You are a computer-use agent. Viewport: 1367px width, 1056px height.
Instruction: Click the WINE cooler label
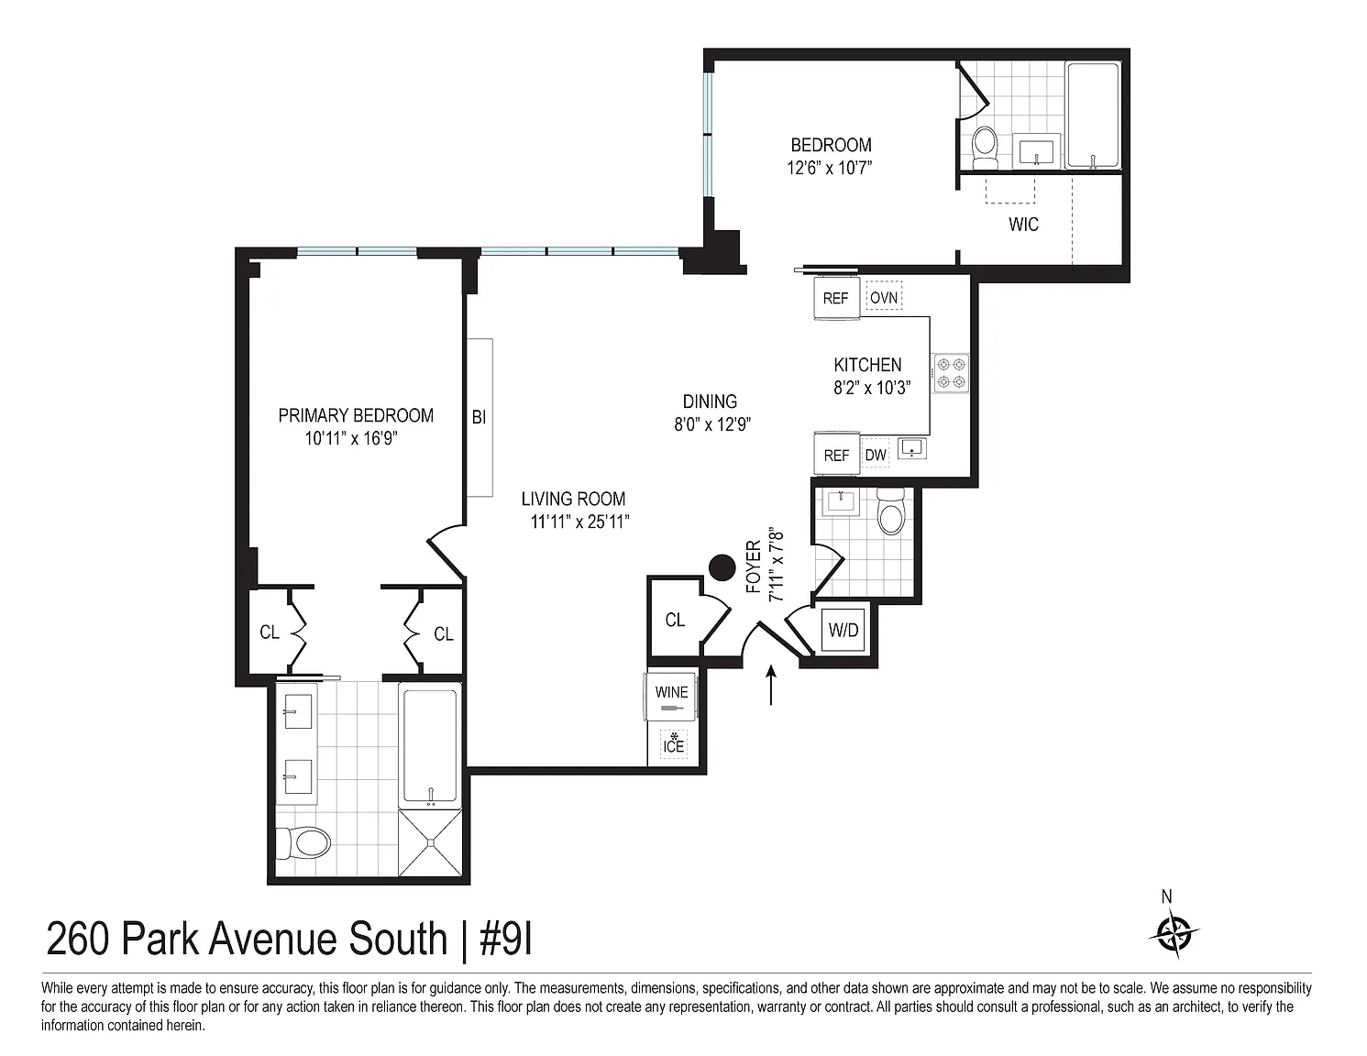(x=671, y=692)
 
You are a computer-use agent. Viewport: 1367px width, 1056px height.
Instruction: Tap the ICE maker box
(x=673, y=744)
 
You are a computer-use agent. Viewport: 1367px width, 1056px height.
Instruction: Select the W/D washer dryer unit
(x=843, y=630)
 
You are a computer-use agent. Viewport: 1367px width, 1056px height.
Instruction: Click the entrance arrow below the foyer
(x=771, y=685)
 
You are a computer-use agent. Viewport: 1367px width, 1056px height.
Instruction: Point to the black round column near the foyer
(x=722, y=568)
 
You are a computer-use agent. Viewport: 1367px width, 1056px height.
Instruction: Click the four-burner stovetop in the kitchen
(x=951, y=373)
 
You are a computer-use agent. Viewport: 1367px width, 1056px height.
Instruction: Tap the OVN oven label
(x=883, y=297)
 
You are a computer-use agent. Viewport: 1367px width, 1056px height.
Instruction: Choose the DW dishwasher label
(x=876, y=455)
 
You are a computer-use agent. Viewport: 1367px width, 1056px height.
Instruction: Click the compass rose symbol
(x=1174, y=934)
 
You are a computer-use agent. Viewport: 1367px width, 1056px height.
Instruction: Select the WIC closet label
(x=1023, y=225)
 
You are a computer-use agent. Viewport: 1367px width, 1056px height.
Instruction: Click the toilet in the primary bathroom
(x=303, y=842)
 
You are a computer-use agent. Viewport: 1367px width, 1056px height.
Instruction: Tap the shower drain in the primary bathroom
(x=431, y=842)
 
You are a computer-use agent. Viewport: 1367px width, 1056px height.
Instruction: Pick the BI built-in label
(x=479, y=417)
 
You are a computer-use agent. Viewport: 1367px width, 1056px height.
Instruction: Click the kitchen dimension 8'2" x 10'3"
(x=872, y=388)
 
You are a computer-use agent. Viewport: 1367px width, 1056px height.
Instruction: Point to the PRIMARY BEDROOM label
(x=356, y=415)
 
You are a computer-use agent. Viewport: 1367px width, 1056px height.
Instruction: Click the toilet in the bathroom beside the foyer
(x=891, y=510)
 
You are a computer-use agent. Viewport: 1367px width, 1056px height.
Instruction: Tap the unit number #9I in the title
(x=506, y=939)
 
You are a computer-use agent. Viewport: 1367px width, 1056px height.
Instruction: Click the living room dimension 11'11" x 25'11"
(x=579, y=522)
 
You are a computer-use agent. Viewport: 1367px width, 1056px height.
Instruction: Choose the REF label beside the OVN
(x=835, y=298)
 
